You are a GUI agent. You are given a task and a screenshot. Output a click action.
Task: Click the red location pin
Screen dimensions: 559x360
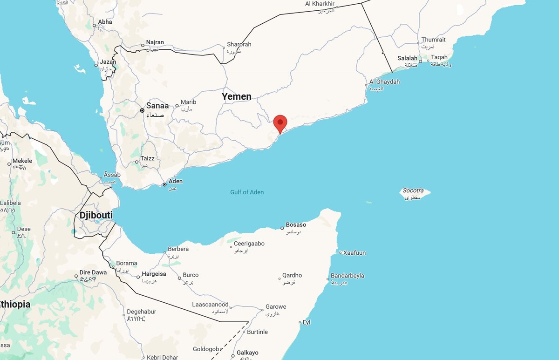click(280, 123)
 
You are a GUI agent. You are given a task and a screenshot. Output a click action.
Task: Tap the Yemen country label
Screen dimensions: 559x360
click(236, 96)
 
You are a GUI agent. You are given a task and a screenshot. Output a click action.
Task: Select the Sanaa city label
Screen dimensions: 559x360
click(157, 106)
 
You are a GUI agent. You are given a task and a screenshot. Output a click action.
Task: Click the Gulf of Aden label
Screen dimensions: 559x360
click(247, 192)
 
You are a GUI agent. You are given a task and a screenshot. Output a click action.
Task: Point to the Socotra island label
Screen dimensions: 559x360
click(413, 190)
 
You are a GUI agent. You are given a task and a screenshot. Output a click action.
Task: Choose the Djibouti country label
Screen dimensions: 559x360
click(95, 216)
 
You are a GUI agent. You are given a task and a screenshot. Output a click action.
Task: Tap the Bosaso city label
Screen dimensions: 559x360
click(296, 225)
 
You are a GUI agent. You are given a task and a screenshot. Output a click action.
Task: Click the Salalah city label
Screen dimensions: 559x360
click(407, 58)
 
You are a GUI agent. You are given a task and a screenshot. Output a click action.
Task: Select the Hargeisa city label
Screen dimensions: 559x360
click(154, 274)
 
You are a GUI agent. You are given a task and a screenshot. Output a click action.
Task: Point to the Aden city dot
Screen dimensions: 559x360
click(164, 185)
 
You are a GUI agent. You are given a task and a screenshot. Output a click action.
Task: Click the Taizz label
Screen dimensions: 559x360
click(147, 158)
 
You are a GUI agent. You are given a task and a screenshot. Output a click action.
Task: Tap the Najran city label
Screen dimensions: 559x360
click(155, 42)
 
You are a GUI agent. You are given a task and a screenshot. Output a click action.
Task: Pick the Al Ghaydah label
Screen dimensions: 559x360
click(384, 82)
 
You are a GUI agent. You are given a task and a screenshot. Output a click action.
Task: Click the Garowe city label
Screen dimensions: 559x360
click(276, 307)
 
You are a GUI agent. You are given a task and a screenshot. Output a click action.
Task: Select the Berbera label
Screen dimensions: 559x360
click(178, 249)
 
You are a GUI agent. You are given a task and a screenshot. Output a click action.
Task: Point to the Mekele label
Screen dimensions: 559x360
click(22, 161)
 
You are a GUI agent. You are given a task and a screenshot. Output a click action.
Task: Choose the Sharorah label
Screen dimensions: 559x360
click(239, 44)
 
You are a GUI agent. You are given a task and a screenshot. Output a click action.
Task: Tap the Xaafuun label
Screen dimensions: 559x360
click(354, 253)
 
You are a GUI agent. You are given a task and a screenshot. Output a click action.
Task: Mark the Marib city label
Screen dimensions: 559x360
click(188, 102)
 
